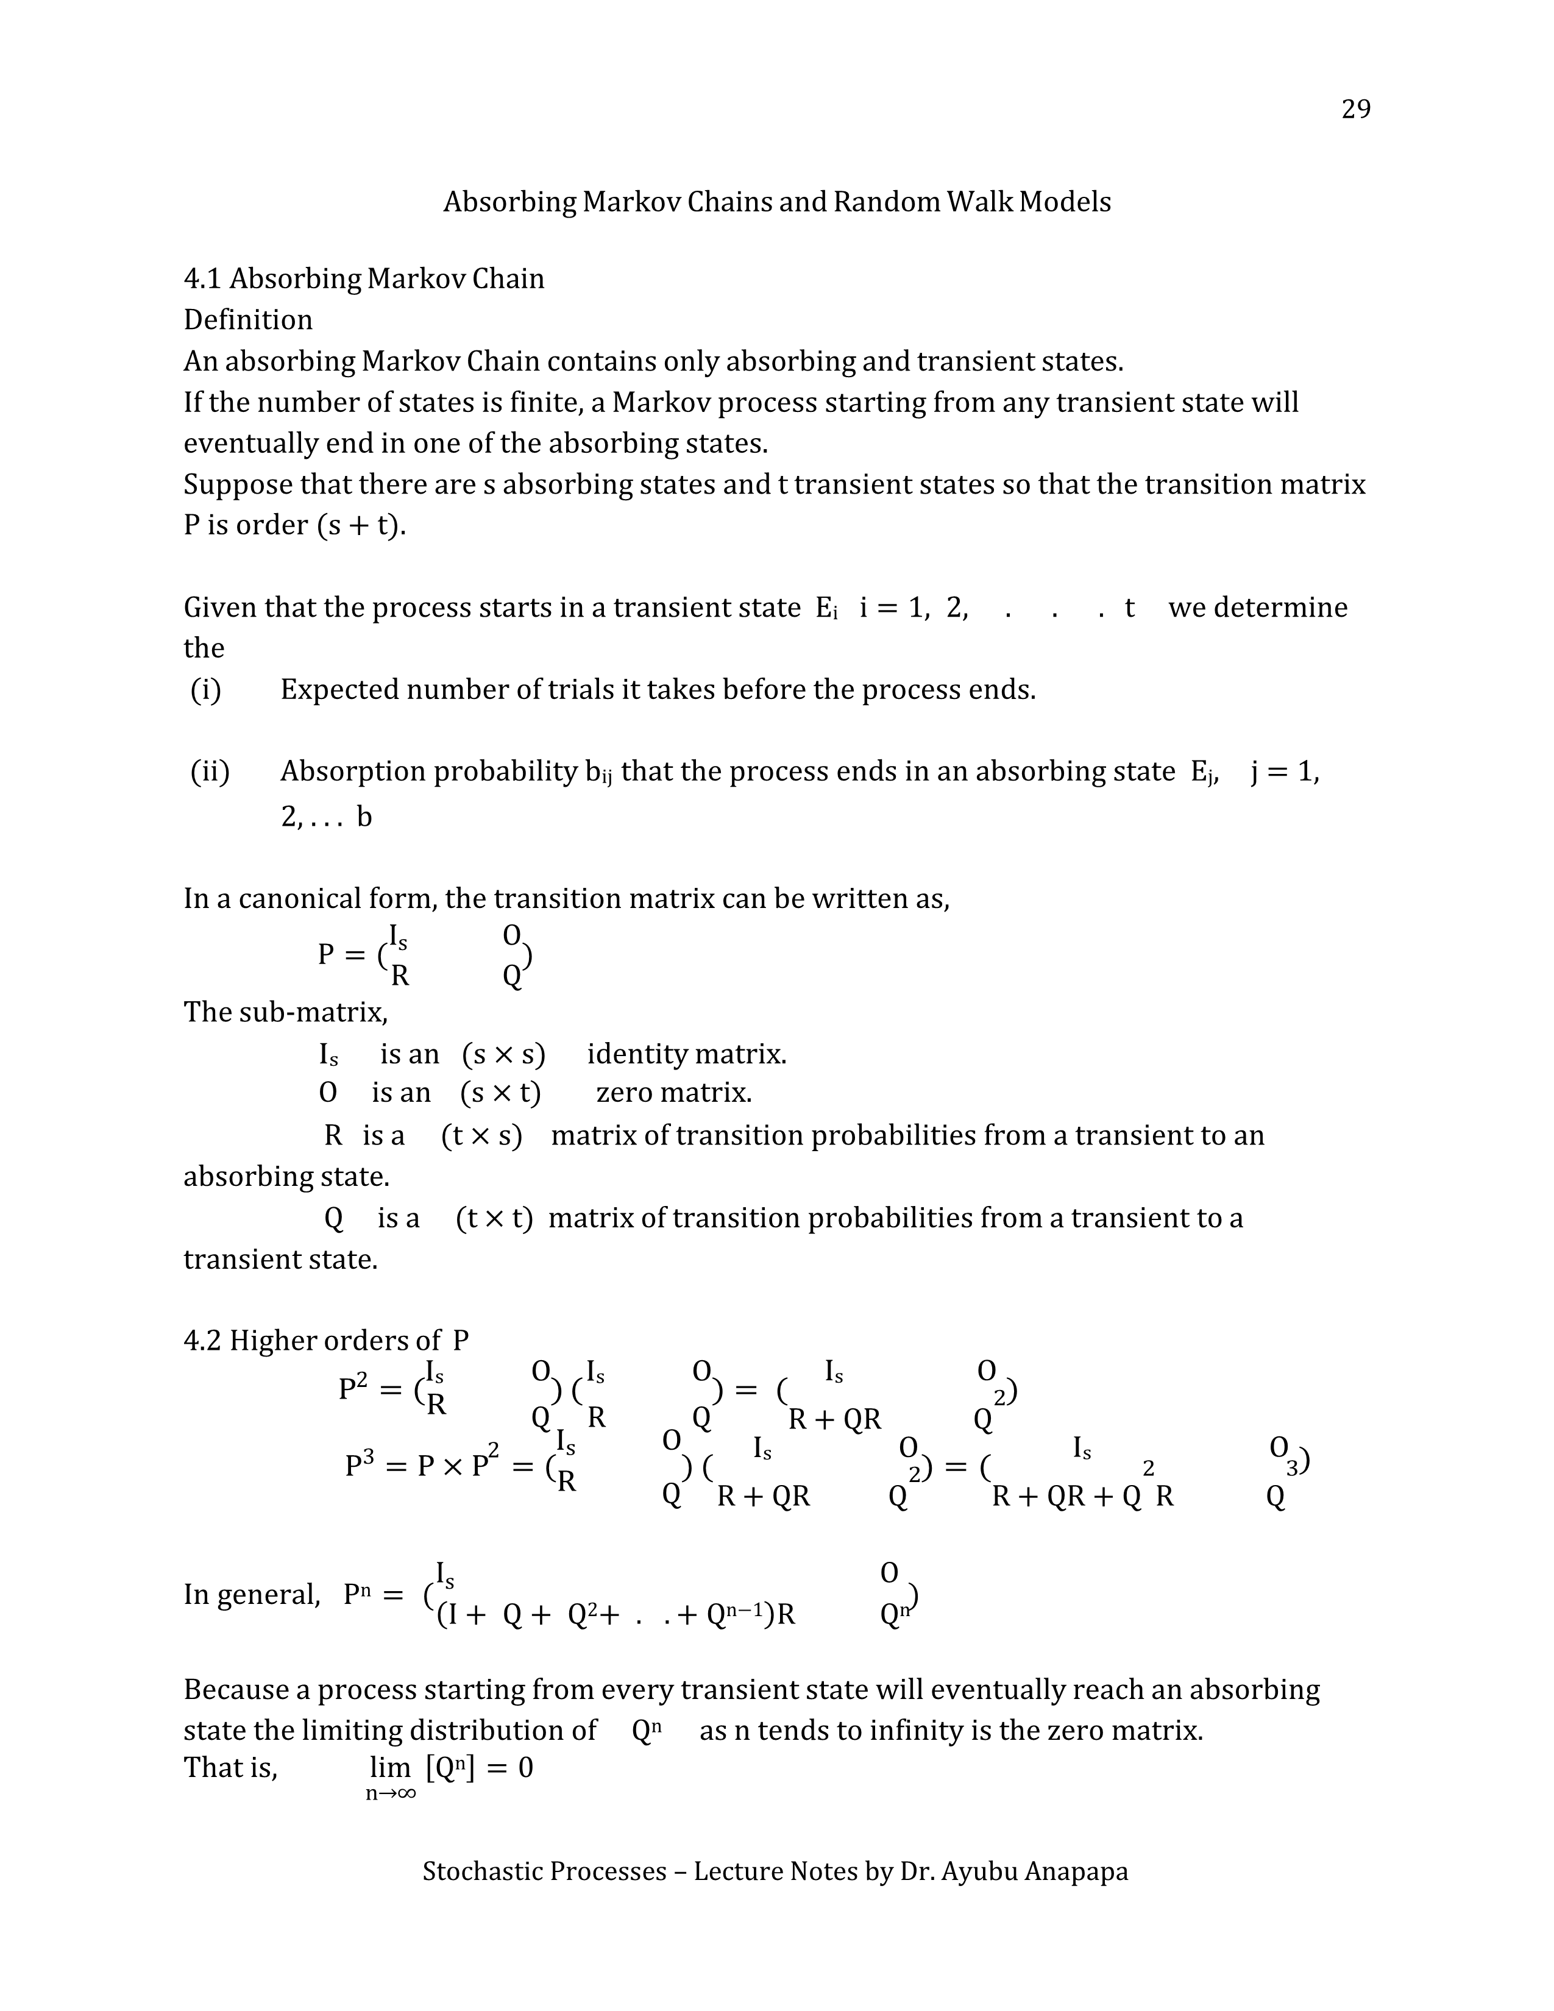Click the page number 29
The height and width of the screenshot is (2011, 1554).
1355,110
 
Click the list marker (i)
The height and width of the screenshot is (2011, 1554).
205,690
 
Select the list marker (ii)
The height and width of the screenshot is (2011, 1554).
210,771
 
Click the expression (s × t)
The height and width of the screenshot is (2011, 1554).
500,1093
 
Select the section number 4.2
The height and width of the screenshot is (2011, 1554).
202,1341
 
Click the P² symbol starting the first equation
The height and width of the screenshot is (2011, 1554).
353,1389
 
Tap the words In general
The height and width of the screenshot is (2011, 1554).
251,1594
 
